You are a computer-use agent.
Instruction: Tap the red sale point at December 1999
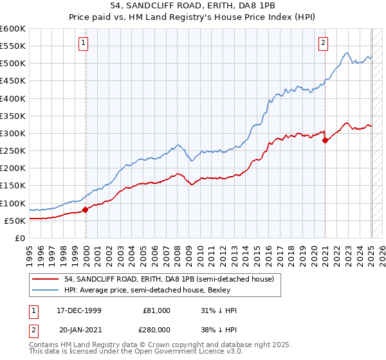pyautogui.click(x=86, y=210)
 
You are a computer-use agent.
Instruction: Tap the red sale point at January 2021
pyautogui.click(x=325, y=140)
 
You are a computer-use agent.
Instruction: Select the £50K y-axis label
pyautogui.click(x=15, y=221)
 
